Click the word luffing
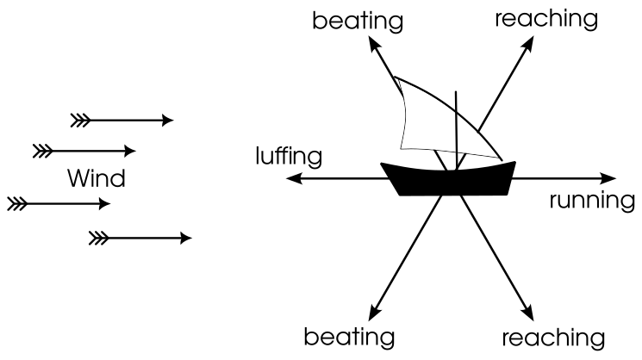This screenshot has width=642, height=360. coord(289,157)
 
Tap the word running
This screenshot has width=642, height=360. coord(592,201)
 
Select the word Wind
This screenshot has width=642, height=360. coord(97,179)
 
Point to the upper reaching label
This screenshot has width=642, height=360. coord(545,18)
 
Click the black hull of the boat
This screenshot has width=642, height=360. coord(447,179)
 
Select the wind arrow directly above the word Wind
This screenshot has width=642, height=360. coord(84,152)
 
